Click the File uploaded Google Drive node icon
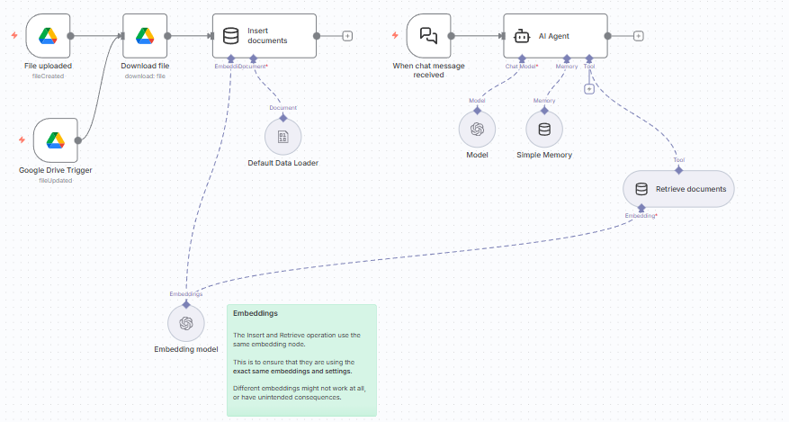[x=48, y=36]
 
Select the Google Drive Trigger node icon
[x=55, y=140]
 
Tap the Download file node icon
[x=144, y=36]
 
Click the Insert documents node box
[x=264, y=36]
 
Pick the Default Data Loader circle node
[x=282, y=137]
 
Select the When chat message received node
[x=429, y=36]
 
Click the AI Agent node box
[x=555, y=36]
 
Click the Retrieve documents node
[x=677, y=189]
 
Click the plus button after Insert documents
[x=347, y=36]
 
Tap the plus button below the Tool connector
[x=588, y=88]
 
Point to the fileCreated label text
[x=48, y=76]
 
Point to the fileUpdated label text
[x=55, y=181]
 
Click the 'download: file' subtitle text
[x=145, y=76]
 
